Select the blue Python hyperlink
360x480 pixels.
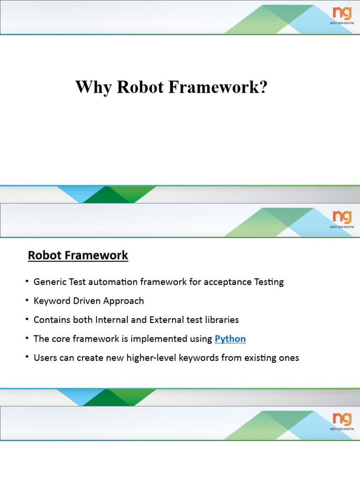coord(230,339)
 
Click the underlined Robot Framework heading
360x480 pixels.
coord(78,255)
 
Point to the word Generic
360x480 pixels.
coord(49,282)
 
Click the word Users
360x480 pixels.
coord(45,358)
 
